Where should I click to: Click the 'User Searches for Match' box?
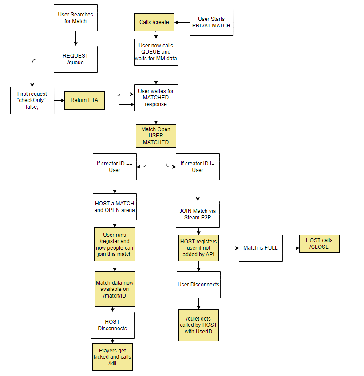pos(75,18)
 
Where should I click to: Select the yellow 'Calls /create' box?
pos(154,22)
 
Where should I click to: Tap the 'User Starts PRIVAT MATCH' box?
pos(211,22)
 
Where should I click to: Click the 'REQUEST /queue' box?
pos(75,59)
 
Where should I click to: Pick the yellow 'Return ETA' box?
pos(84,101)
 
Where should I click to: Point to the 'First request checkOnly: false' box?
pos(32,100)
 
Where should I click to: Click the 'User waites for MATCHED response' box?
pos(156,98)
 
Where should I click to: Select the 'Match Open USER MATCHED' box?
pos(156,136)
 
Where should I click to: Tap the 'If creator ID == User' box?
pos(115,167)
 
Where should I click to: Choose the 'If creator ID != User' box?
pos(198,167)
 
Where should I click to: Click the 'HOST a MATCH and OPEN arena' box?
pos(115,207)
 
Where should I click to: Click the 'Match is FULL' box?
pos(261,247)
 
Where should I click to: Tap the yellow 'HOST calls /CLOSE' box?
pos(320,243)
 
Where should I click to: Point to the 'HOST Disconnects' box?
pos(112,325)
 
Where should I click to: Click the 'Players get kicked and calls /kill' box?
pos(112,357)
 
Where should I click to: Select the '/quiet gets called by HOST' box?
pos(198,325)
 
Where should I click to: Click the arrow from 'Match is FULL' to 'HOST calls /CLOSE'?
pos(291,247)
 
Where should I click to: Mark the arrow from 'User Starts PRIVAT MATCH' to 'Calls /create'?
pos(182,22)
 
